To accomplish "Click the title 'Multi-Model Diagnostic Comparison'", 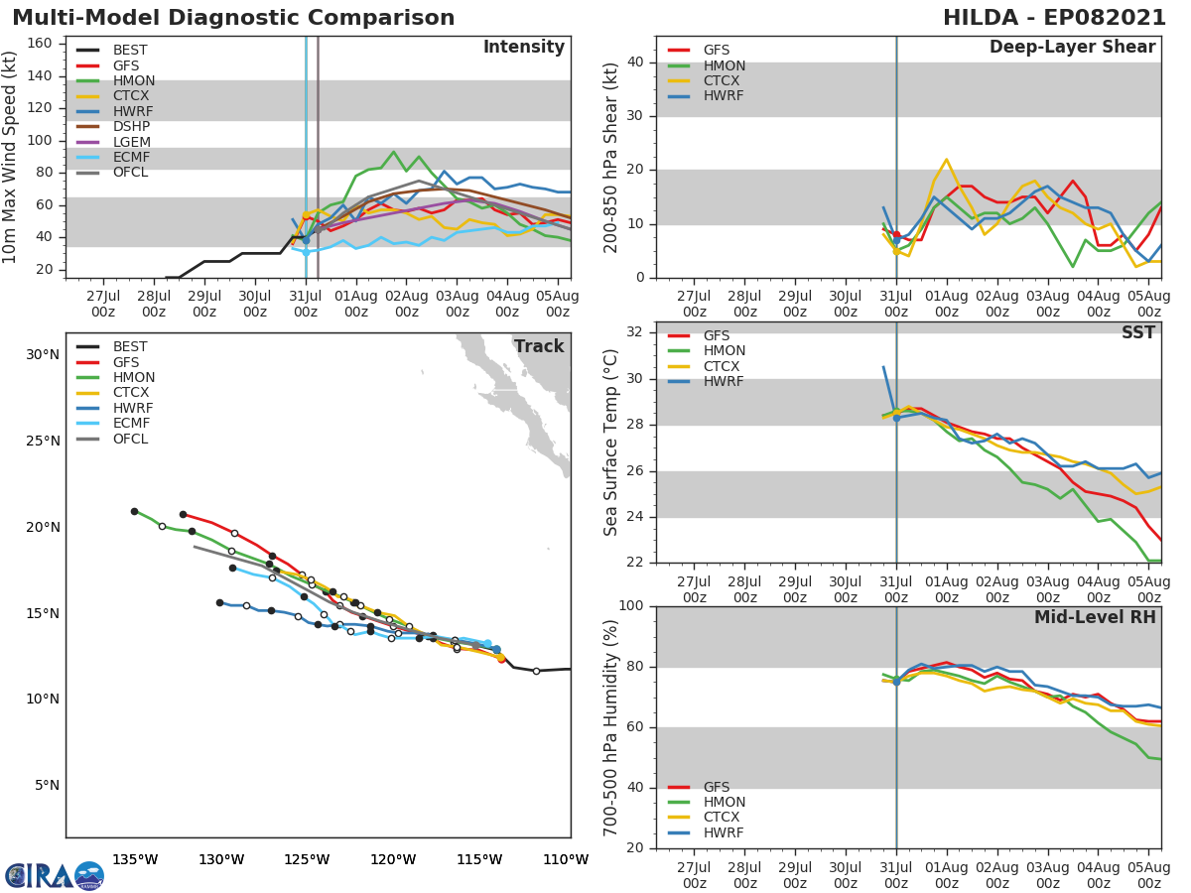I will click(x=233, y=18).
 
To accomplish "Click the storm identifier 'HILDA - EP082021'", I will click(x=1055, y=18).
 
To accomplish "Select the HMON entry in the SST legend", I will click(x=723, y=351).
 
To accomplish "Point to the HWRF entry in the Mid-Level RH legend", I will click(x=723, y=832).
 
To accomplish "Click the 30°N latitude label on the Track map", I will click(x=42, y=355).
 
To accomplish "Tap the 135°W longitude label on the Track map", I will click(x=135, y=859).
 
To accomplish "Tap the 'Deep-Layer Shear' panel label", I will click(x=1072, y=48).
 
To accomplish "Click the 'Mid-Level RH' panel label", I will click(x=1095, y=618).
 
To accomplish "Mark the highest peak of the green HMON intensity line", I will click(x=393, y=152).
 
